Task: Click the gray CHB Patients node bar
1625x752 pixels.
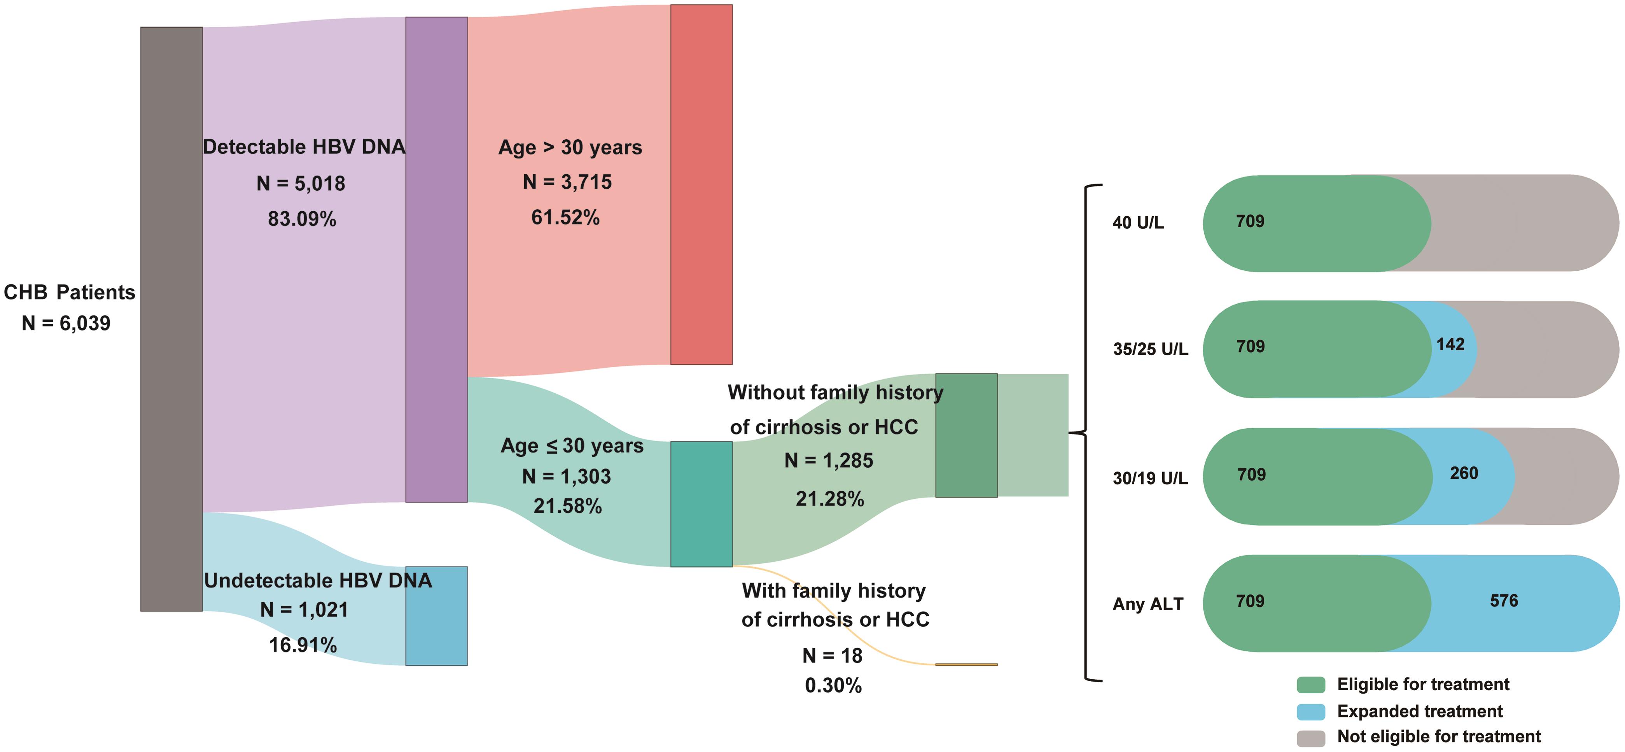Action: [x=171, y=319]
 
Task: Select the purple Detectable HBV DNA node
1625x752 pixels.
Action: [x=436, y=259]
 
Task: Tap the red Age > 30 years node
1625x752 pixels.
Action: [x=701, y=184]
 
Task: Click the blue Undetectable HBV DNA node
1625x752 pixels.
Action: [x=436, y=616]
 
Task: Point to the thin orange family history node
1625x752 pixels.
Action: [x=966, y=664]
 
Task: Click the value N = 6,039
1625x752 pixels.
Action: [x=66, y=323]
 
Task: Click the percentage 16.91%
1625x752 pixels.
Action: [x=303, y=645]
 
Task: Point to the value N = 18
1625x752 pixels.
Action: [x=832, y=656]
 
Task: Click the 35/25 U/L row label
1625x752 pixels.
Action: [x=1150, y=349]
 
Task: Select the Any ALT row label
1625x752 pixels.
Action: [x=1147, y=604]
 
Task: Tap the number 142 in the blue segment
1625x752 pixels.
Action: [x=1450, y=344]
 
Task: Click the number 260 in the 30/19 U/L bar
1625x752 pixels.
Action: [x=1464, y=473]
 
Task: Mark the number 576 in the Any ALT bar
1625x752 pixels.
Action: [x=1504, y=601]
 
